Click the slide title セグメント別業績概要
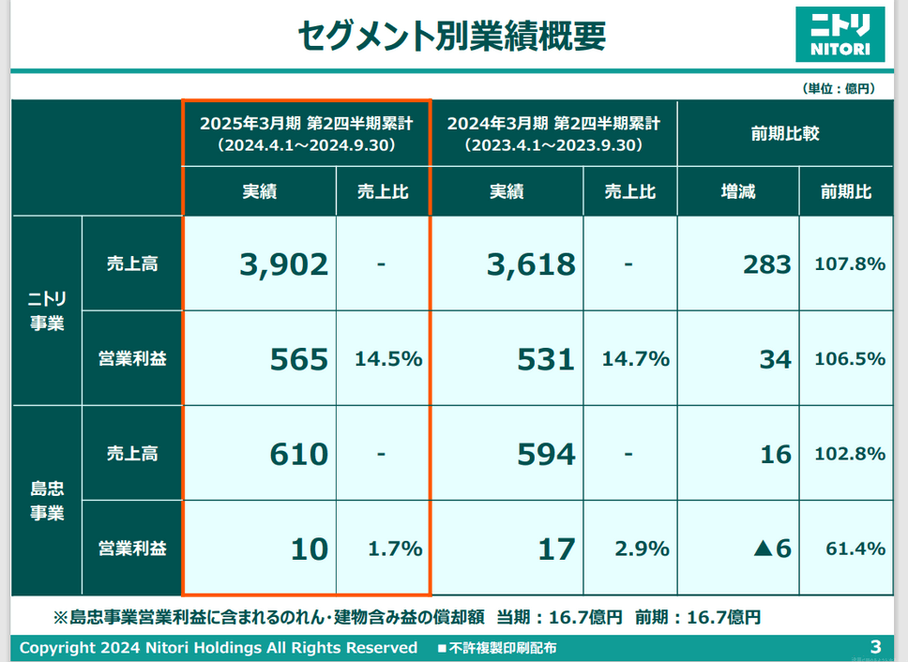click(x=452, y=36)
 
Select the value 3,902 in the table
click(x=284, y=264)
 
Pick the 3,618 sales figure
click(x=531, y=264)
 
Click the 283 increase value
click(x=766, y=264)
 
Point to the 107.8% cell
click(x=850, y=264)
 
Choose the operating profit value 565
click(x=299, y=359)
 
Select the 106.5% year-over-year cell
click(x=850, y=359)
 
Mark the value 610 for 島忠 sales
click(x=299, y=455)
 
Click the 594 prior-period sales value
click(x=546, y=455)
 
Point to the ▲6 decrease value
click(x=772, y=549)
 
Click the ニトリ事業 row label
click(x=47, y=312)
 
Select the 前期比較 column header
click(x=785, y=133)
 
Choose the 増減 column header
click(x=737, y=192)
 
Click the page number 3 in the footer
click(x=875, y=647)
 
